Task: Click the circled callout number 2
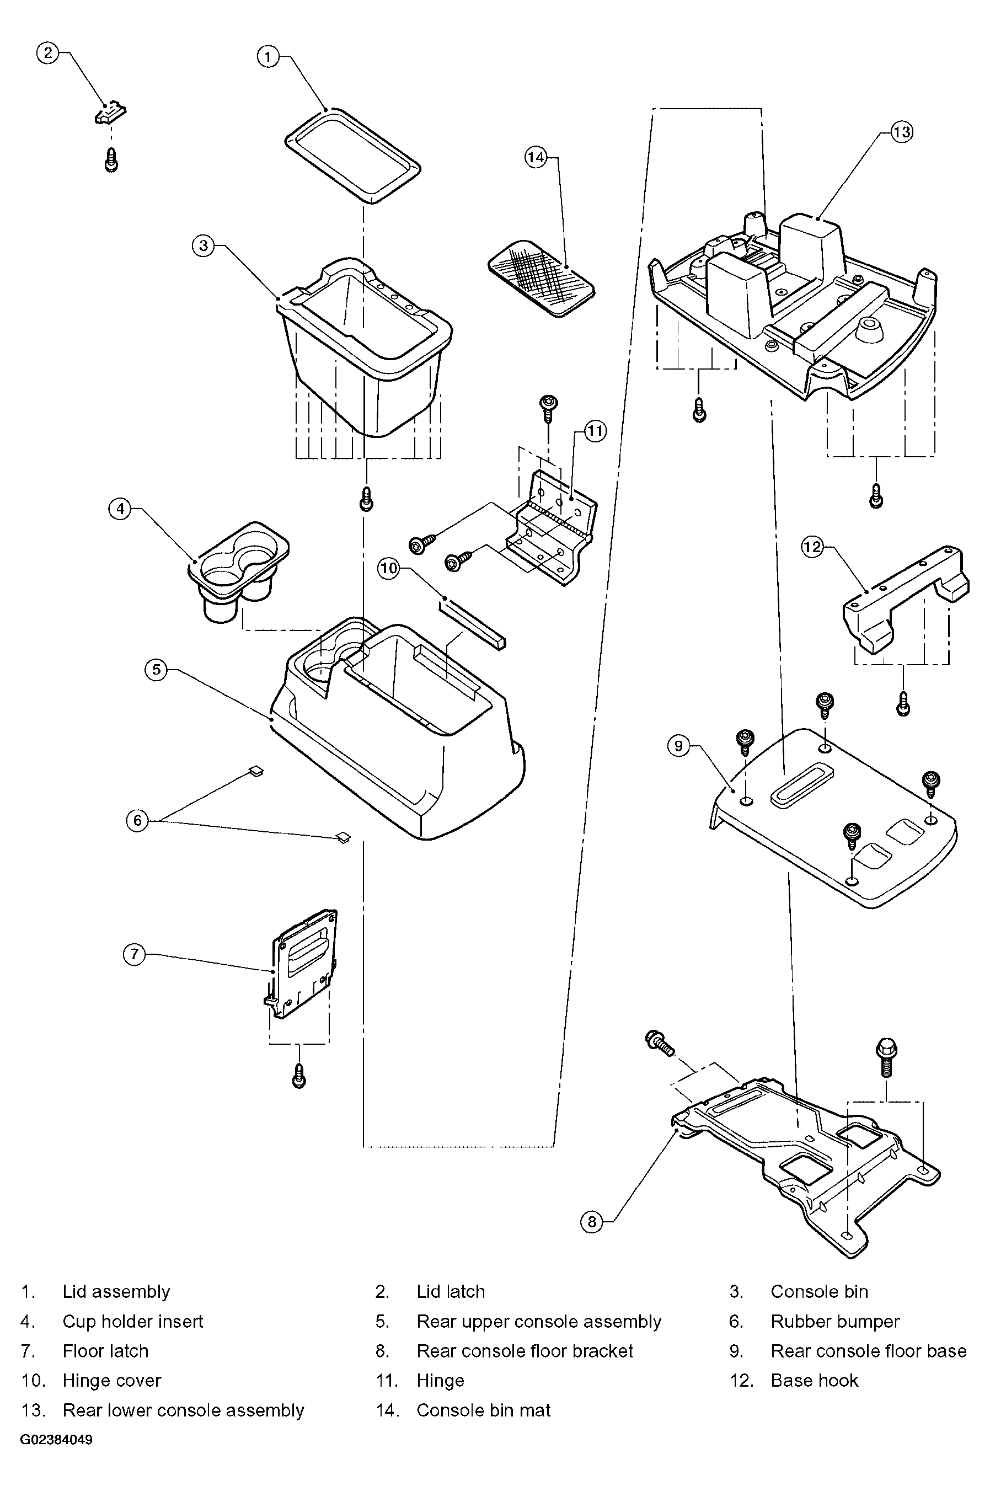pos(47,53)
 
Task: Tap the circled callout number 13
pos(901,132)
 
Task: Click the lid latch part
pos(110,113)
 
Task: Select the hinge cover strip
pos(472,624)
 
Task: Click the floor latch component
pos(301,964)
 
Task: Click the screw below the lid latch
pos(111,159)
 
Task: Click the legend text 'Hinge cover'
pos(112,1381)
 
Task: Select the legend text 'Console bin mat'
pos(483,1410)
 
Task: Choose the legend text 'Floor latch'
pos(105,1351)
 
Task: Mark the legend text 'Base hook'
pos(815,1381)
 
